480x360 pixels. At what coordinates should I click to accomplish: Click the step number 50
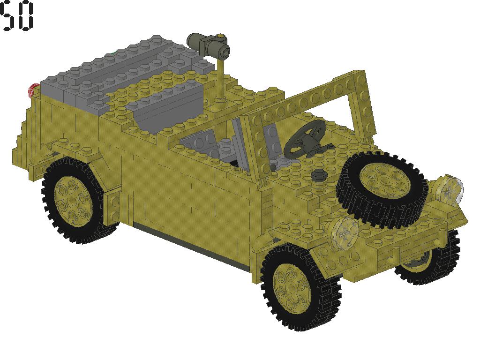[17, 16]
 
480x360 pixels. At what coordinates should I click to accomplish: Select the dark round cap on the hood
[319, 174]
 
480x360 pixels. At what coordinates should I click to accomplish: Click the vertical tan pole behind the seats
[221, 80]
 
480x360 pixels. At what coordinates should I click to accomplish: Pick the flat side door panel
[187, 197]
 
